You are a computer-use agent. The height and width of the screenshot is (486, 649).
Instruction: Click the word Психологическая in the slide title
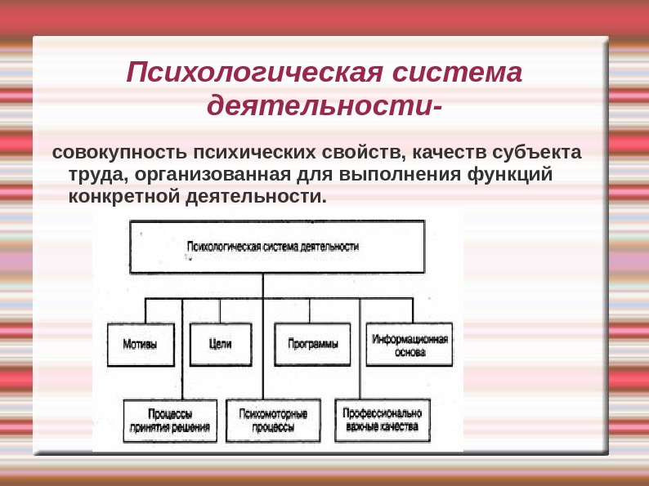click(253, 74)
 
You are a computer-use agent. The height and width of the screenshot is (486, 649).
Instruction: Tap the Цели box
click(220, 344)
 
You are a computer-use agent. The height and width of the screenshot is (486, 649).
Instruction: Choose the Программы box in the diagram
click(312, 344)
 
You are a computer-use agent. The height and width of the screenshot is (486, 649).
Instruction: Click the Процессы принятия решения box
click(170, 420)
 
